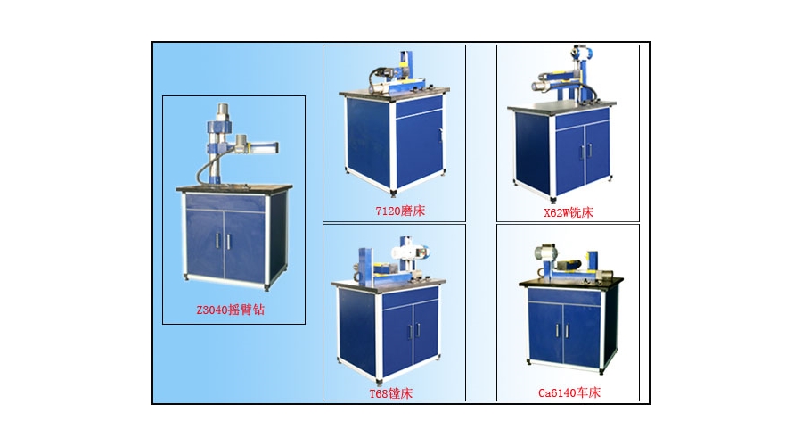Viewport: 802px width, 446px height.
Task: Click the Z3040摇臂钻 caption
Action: pyautogui.click(x=231, y=310)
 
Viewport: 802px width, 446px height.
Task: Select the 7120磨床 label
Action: pyautogui.click(x=400, y=211)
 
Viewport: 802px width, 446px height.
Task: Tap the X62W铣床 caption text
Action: pyautogui.click(x=569, y=212)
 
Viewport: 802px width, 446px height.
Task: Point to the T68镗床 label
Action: pyautogui.click(x=391, y=393)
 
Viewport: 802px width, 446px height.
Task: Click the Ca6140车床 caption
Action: pyautogui.click(x=569, y=392)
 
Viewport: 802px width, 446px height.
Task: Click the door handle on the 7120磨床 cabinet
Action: pyautogui.click(x=440, y=135)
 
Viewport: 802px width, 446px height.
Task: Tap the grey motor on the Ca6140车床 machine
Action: pyautogui.click(x=544, y=252)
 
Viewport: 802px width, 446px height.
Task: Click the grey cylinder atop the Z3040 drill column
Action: pyautogui.click(x=223, y=111)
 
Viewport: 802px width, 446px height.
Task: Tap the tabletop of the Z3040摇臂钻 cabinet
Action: pyautogui.click(x=234, y=188)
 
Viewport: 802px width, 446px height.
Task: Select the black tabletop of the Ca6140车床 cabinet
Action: pyautogui.click(x=571, y=282)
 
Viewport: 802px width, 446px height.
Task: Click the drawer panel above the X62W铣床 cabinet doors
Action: pyautogui.click(x=582, y=119)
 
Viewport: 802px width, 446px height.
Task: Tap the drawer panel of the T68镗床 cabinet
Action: pyautogui.click(x=410, y=298)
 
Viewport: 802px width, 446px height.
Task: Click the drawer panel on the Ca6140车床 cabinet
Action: pyautogui.click(x=564, y=296)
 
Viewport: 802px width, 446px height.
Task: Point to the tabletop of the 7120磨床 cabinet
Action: pyautogui.click(x=395, y=93)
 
